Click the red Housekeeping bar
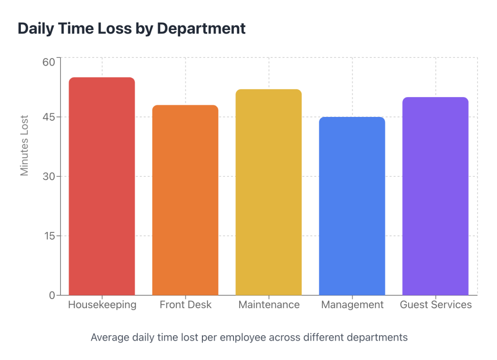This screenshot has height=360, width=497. click(x=102, y=186)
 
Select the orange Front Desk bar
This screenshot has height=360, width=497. click(x=185, y=200)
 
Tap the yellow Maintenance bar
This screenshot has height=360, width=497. click(x=268, y=192)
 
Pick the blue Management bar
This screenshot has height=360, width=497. click(x=352, y=206)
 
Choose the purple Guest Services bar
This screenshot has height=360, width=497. click(x=435, y=196)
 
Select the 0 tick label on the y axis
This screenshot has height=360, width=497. click(x=51, y=295)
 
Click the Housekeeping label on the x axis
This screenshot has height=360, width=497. click(x=102, y=305)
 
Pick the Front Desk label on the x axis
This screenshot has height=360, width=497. click(x=185, y=305)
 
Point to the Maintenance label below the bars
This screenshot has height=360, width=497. click(x=269, y=305)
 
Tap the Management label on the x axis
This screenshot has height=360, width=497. click(x=352, y=305)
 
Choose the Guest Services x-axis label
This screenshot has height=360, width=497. click(x=435, y=305)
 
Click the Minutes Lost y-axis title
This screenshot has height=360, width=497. click(x=25, y=146)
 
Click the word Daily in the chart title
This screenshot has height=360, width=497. click(x=34, y=29)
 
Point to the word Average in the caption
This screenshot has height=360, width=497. click(x=109, y=337)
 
